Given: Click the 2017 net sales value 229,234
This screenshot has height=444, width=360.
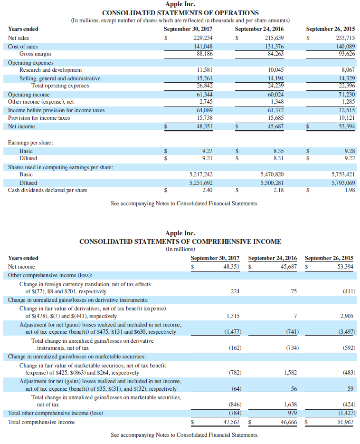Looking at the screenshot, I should [x=203, y=38].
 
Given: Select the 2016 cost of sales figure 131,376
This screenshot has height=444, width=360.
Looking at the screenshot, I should [x=275, y=46].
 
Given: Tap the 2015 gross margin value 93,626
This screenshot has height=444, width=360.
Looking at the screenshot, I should [x=345, y=54].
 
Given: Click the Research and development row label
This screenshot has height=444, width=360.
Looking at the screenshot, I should [x=50, y=70].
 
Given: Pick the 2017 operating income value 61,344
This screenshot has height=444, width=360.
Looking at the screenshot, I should [x=204, y=94].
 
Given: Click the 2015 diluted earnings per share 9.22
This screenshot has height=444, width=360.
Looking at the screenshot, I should [x=349, y=158].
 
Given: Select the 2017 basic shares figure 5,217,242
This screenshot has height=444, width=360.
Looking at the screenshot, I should [x=201, y=174].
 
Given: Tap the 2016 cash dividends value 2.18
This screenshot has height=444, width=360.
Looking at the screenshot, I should [x=278, y=191].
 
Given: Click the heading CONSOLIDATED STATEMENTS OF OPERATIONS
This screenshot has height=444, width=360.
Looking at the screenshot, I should [x=180, y=13].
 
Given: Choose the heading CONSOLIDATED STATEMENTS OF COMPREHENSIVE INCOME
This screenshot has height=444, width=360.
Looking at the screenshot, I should [x=180, y=241].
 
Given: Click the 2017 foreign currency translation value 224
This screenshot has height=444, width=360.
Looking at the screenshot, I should [x=235, y=291].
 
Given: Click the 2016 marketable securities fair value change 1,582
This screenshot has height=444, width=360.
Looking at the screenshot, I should [x=290, y=373].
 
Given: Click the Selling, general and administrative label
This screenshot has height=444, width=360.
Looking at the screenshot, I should [x=60, y=78].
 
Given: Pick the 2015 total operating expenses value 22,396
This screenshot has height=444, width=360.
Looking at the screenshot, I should [x=345, y=86].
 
